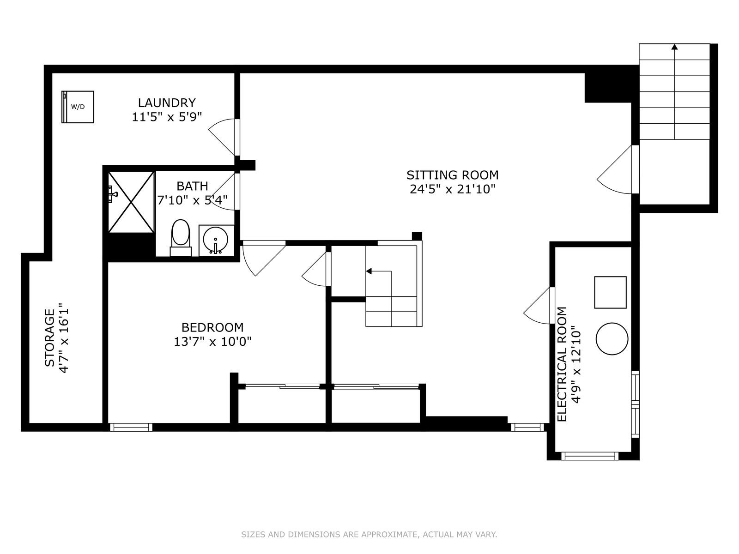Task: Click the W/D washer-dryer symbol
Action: [x=78, y=107]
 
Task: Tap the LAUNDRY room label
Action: [x=167, y=102]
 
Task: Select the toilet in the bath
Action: [x=181, y=238]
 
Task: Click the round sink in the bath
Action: [x=216, y=240]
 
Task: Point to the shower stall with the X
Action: [x=131, y=202]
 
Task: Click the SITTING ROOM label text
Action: [x=452, y=175]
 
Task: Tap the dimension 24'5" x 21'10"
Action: [x=453, y=190]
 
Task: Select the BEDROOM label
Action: [x=212, y=327]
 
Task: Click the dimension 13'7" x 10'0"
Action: [x=212, y=342]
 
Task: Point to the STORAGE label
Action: [x=49, y=338]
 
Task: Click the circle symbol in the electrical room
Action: [x=612, y=339]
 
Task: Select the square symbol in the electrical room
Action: [x=610, y=292]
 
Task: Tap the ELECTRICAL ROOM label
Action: [x=562, y=364]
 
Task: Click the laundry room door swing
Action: [x=222, y=137]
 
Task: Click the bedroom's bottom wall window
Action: [x=131, y=427]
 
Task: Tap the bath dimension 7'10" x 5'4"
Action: [x=192, y=200]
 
